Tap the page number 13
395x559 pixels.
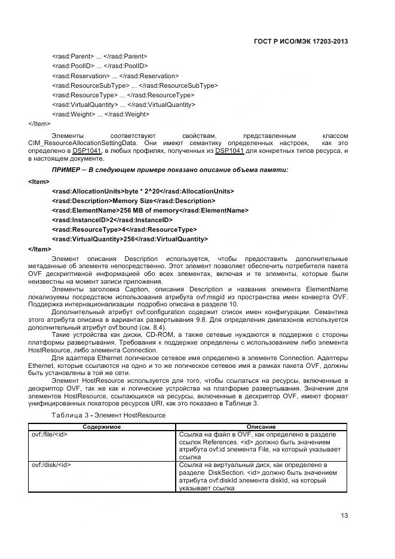pyautogui.click(x=344, y=515)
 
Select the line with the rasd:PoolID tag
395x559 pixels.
pyautogui.click(x=100, y=66)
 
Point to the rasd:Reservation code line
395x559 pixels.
pyautogui.click(x=115, y=76)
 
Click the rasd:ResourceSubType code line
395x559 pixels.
pyautogui.click(x=134, y=85)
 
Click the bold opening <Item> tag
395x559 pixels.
pyautogui.click(x=39, y=182)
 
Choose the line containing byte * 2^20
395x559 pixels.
pyautogui.click(x=143, y=191)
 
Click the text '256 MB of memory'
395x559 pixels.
pyautogui.click(x=152, y=210)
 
